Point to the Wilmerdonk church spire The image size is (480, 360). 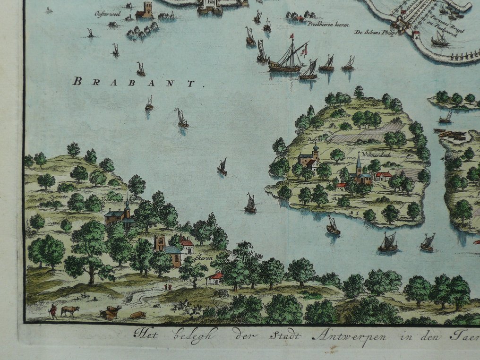(x=359, y=163)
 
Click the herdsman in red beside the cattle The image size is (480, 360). (x=53, y=311)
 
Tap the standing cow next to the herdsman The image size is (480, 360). (x=69, y=311)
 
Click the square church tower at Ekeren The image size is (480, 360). (x=159, y=242)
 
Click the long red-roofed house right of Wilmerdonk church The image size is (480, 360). (x=384, y=176)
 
